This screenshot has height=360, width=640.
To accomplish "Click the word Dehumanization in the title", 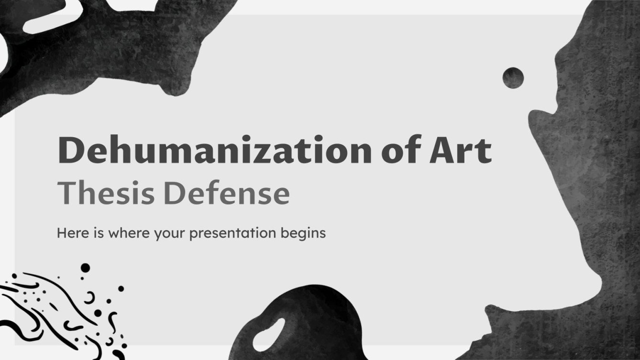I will point(210,151).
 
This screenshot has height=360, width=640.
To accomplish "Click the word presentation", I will point(233,234).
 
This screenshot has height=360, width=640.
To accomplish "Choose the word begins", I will point(303,234).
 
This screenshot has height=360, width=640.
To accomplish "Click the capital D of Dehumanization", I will point(71,151).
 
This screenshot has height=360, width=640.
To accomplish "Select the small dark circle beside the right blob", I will point(513,77).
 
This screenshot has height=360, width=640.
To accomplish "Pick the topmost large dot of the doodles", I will point(85,267).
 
